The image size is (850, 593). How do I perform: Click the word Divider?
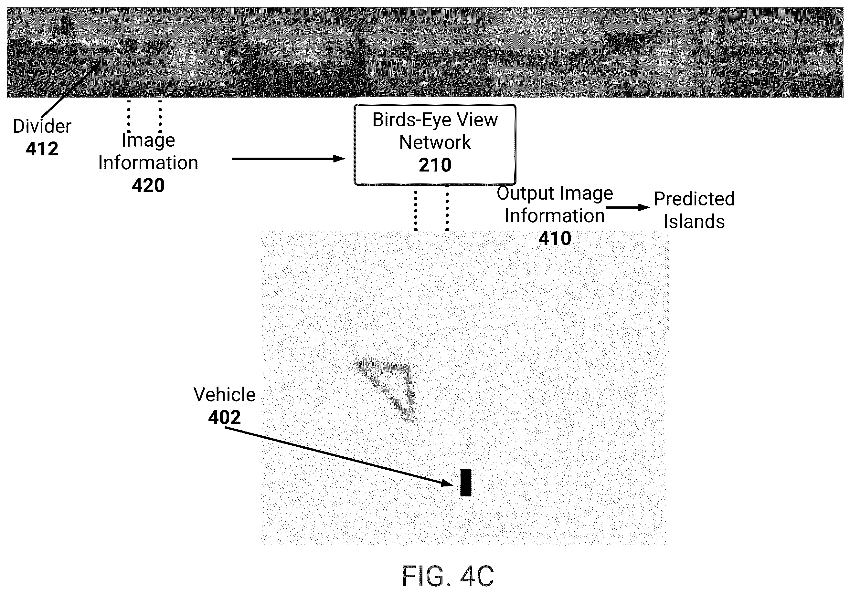point(42,126)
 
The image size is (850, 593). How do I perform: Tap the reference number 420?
point(148,185)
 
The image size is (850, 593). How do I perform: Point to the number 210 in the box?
point(435,165)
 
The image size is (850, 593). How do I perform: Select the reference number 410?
point(555,239)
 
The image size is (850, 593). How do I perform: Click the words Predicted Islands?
point(694,210)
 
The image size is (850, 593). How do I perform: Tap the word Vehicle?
point(224,395)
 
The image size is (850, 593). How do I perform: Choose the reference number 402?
point(224,418)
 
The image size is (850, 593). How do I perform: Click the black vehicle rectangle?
point(466,483)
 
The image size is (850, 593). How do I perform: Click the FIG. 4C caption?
point(448,576)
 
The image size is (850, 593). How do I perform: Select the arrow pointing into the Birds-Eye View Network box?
point(289,159)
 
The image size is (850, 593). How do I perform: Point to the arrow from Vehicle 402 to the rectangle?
point(339,456)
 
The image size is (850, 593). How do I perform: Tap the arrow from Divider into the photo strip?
point(71,89)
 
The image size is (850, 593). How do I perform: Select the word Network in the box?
point(435,142)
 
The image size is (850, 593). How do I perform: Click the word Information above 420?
point(148,163)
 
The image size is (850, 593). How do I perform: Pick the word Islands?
point(694,222)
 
